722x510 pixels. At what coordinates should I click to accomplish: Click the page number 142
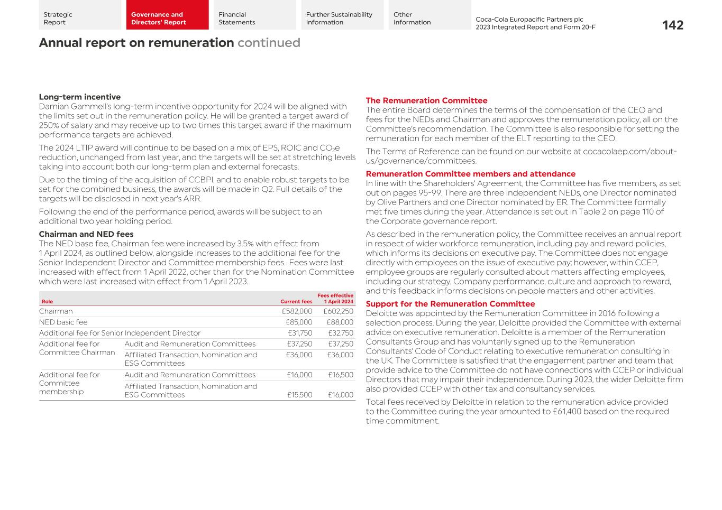672,25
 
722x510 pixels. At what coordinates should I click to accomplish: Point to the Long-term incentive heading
80,97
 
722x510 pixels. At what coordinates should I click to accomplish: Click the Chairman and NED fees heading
86,234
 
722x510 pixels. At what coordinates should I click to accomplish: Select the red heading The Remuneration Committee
426,100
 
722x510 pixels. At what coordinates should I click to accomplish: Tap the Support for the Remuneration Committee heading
450,304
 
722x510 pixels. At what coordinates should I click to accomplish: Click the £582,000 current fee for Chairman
297,311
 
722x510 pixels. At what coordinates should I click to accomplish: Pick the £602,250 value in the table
338,311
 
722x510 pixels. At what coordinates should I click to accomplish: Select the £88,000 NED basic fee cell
340,322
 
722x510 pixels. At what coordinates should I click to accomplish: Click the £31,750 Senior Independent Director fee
300,333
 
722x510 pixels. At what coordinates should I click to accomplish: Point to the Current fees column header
296,302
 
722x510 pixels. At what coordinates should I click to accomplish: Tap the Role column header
47,302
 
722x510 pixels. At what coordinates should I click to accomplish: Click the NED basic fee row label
63,322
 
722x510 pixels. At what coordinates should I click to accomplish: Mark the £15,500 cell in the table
299,395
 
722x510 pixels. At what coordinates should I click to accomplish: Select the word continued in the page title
269,43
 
